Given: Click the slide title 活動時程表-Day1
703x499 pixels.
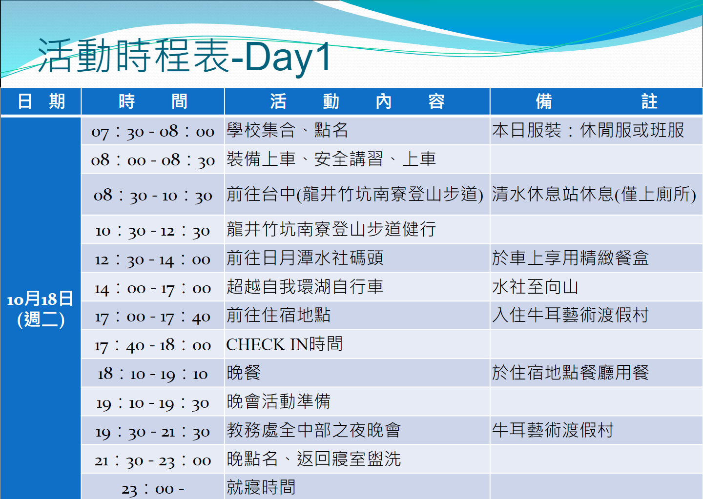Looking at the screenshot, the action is coord(184,57).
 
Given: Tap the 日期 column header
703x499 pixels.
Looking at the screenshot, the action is coord(41,101).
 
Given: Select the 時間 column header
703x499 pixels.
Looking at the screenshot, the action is coord(153,101).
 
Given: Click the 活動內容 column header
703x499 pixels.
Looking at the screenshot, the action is coord(357,101).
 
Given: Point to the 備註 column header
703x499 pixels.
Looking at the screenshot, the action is coord(596,101).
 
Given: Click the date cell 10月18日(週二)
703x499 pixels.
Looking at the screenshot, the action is coord(41,309).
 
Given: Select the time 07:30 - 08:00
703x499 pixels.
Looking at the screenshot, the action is coord(153,132).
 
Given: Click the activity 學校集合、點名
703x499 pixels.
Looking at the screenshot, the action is coord(287,130).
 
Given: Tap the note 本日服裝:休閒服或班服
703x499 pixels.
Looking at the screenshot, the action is coord(588,130).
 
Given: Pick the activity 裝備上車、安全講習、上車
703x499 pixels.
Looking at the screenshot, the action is coord(331,159).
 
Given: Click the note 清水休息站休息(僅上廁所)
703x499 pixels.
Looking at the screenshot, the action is coord(594,194).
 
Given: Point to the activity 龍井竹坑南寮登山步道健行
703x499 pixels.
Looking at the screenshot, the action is coord(331,229).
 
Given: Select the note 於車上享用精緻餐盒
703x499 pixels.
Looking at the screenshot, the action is coord(570,258).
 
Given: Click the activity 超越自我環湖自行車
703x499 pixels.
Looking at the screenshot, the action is coord(305,287).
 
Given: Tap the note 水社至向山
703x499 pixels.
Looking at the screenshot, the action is coord(535,287).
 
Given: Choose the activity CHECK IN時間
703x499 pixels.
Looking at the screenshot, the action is coord(284,344).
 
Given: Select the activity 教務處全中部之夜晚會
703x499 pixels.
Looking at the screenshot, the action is coord(313,430).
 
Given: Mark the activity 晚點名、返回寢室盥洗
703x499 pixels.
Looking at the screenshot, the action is coord(313,459).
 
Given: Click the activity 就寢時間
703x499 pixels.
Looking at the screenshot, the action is coord(261,487).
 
